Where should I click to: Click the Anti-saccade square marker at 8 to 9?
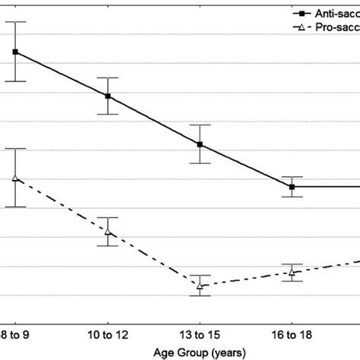[15, 52]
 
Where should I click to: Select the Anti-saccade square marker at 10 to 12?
[108, 96]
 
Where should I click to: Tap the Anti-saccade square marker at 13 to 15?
[200, 144]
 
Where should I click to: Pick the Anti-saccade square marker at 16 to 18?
[292, 186]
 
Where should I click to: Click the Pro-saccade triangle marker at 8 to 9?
[15, 178]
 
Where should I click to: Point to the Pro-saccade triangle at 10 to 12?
[108, 232]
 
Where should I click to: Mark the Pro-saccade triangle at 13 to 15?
[200, 286]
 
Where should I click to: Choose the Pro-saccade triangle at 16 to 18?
[292, 272]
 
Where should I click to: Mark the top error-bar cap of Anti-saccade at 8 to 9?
[15, 22]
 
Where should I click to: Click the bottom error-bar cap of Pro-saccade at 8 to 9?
[15, 207]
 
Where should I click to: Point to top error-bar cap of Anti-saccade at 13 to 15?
[200, 125]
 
